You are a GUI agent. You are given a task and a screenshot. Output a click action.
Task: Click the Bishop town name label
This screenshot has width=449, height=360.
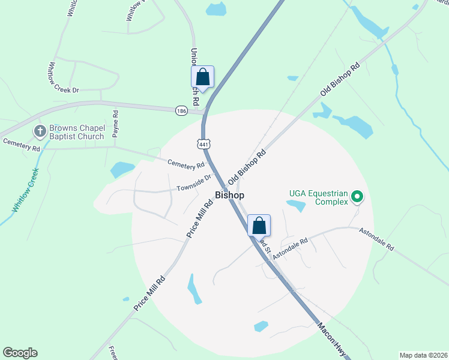pyautogui.click(x=229, y=196)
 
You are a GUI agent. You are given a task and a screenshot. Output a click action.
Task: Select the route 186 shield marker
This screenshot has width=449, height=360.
pyautogui.click(x=181, y=111)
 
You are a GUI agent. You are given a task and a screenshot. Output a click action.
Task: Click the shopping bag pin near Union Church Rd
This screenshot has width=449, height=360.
pyautogui.click(x=202, y=77)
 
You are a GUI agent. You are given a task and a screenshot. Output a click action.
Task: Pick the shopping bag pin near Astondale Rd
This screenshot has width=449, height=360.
pyautogui.click(x=259, y=226)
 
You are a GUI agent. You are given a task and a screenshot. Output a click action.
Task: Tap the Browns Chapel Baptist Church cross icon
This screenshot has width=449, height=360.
pyautogui.click(x=40, y=131)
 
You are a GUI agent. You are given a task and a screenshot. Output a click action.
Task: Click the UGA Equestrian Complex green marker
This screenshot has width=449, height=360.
pyautogui.click(x=357, y=196)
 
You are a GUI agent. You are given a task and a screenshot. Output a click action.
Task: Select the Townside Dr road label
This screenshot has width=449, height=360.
pyautogui.click(x=194, y=183)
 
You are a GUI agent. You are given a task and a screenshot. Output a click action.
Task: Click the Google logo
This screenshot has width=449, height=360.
pyautogui.click(x=20, y=353)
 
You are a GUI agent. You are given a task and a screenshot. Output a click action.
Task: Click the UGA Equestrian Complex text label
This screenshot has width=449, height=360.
pyautogui.click(x=318, y=197)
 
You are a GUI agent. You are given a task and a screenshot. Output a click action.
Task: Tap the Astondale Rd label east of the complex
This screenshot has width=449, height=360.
pyautogui.click(x=376, y=238)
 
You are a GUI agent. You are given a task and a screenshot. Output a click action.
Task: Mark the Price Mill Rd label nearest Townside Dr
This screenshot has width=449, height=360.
pyautogui.click(x=200, y=219)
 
